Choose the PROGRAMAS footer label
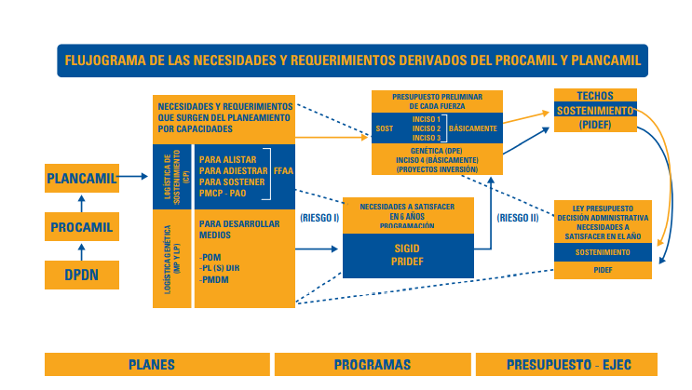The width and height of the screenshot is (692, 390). (372, 364)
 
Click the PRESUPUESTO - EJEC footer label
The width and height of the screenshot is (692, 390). (567, 364)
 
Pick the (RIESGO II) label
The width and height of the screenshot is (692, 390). (519, 219)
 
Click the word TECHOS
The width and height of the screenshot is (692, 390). (595, 96)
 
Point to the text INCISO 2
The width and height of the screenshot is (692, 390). (426, 128)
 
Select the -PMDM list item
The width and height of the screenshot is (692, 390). (217, 280)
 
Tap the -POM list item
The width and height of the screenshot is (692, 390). (213, 256)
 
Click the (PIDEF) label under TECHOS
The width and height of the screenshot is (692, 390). (595, 124)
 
